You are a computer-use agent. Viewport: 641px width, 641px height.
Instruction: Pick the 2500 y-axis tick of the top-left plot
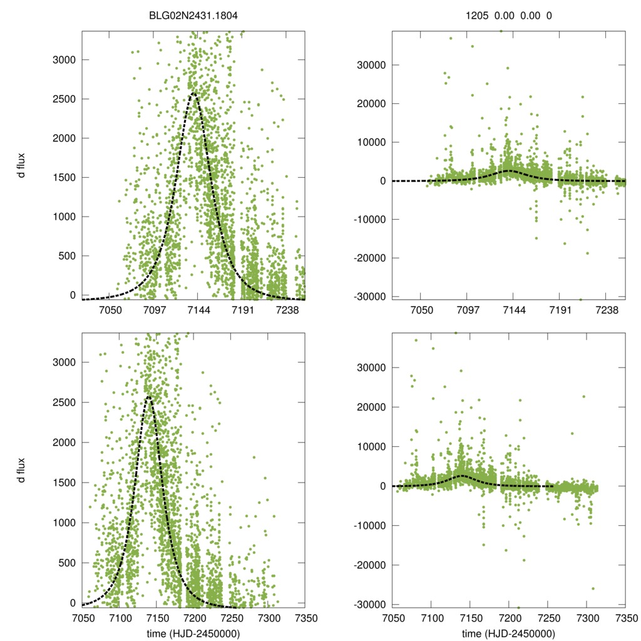pyautogui.click(x=61, y=99)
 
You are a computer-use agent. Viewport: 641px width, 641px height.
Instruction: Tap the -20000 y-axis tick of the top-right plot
pyautogui.click(x=367, y=258)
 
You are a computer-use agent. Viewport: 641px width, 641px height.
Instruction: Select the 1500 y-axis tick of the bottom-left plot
pyautogui.click(x=61, y=483)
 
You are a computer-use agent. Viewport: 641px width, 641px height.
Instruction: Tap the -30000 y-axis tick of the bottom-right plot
pyautogui.click(x=367, y=604)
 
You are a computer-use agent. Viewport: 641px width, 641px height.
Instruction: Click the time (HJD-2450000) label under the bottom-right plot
pyautogui.click(x=508, y=633)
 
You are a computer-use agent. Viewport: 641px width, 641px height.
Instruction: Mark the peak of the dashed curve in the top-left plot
pyautogui.click(x=193, y=94)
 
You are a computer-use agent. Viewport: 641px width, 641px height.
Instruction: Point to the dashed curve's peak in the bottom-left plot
pyautogui.click(x=148, y=396)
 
